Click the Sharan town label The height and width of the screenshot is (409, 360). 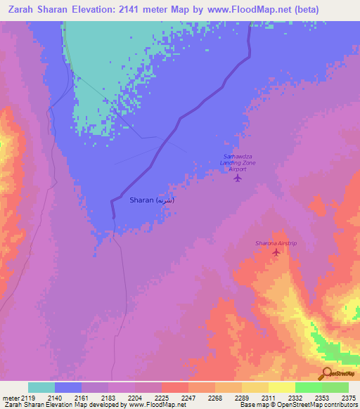coord(151,200)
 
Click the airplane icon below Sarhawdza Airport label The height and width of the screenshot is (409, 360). coord(238,178)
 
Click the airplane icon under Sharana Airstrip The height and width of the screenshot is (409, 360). coord(276,252)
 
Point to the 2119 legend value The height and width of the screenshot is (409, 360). coord(29,398)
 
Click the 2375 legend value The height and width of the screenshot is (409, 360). coord(348,398)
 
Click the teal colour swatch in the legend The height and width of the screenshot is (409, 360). coord(41,387)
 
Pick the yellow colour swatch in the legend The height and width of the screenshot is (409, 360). coord(282,387)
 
